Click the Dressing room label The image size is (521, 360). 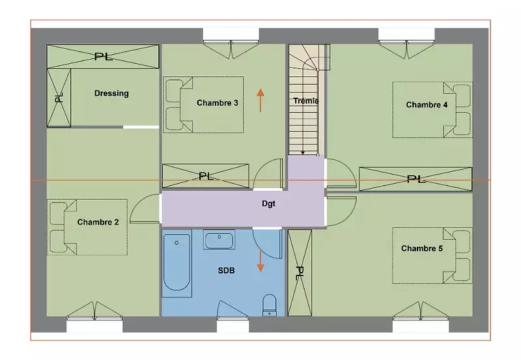111,93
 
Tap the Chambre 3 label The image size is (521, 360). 218,103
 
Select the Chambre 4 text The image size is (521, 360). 427,105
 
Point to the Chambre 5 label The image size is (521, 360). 422,249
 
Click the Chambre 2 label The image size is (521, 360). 98,222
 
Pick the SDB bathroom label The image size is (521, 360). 226,271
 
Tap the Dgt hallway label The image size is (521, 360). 268,204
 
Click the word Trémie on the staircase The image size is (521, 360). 306,101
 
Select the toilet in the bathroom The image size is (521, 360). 270,305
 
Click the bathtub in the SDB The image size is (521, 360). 176,263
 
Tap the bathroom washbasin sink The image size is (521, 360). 219,240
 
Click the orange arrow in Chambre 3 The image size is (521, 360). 260,100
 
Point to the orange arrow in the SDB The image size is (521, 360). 260,260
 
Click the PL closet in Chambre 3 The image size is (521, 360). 205,176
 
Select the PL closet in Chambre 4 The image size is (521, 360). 415,179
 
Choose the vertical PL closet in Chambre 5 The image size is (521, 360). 300,273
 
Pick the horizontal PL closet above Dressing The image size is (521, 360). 103,57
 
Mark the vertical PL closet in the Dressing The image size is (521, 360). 59,98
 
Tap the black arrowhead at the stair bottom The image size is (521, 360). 303,153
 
